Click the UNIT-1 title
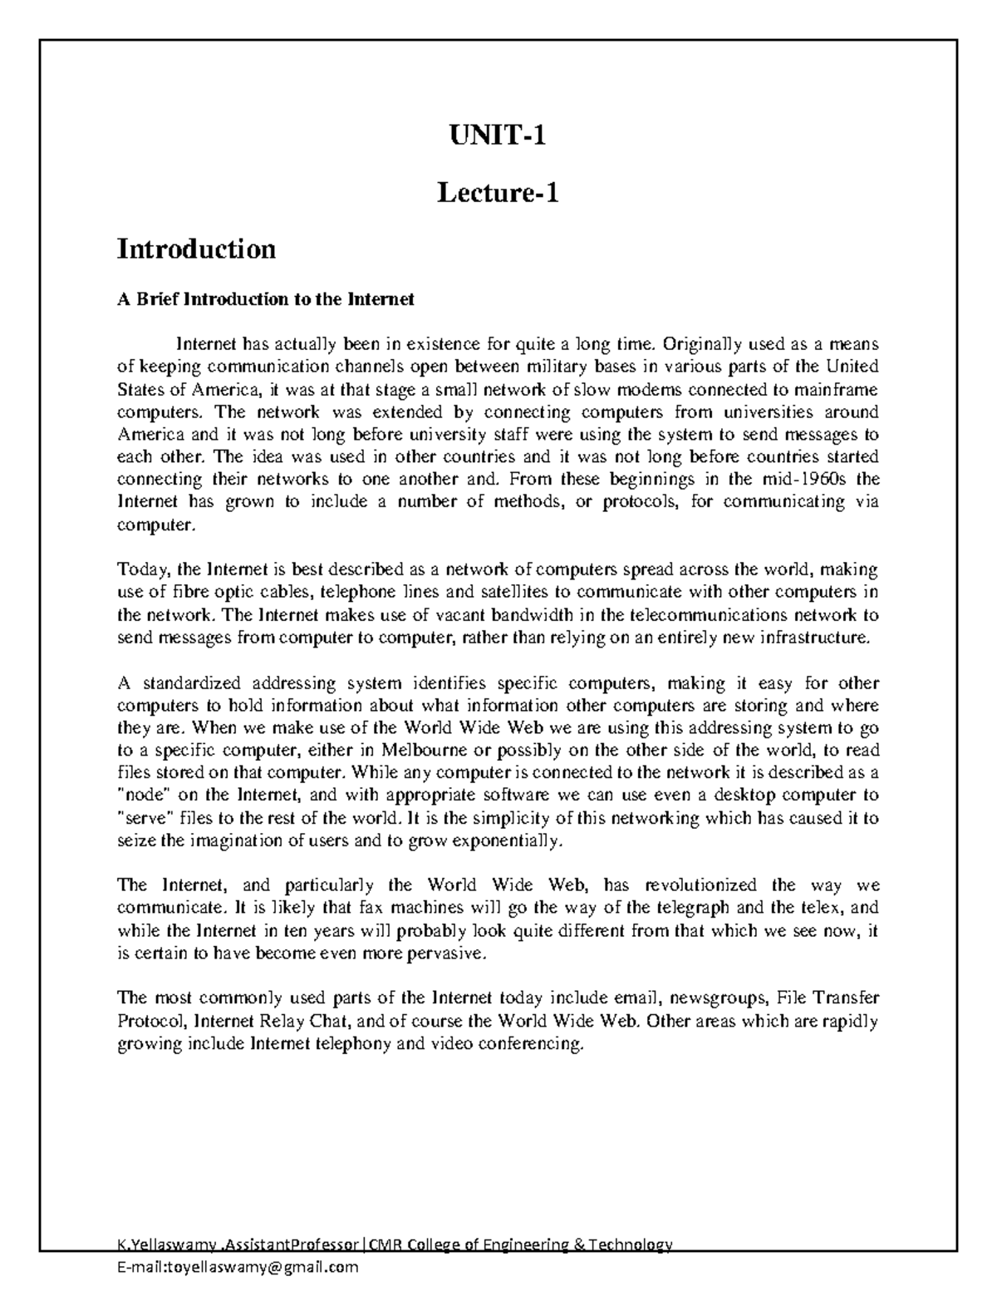[x=498, y=135]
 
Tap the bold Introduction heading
[x=196, y=249]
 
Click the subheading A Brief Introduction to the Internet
[x=265, y=299]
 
